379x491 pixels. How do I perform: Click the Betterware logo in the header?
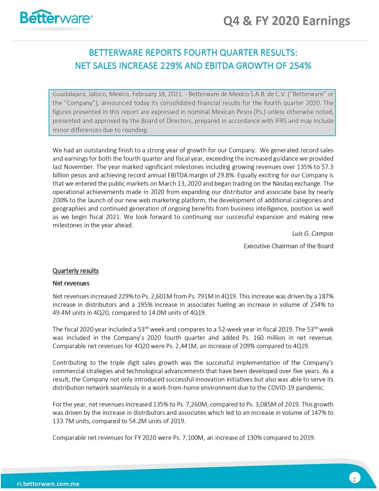click(x=56, y=18)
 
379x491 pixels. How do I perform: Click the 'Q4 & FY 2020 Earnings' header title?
click(x=286, y=21)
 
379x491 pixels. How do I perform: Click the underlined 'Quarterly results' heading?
click(x=75, y=271)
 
